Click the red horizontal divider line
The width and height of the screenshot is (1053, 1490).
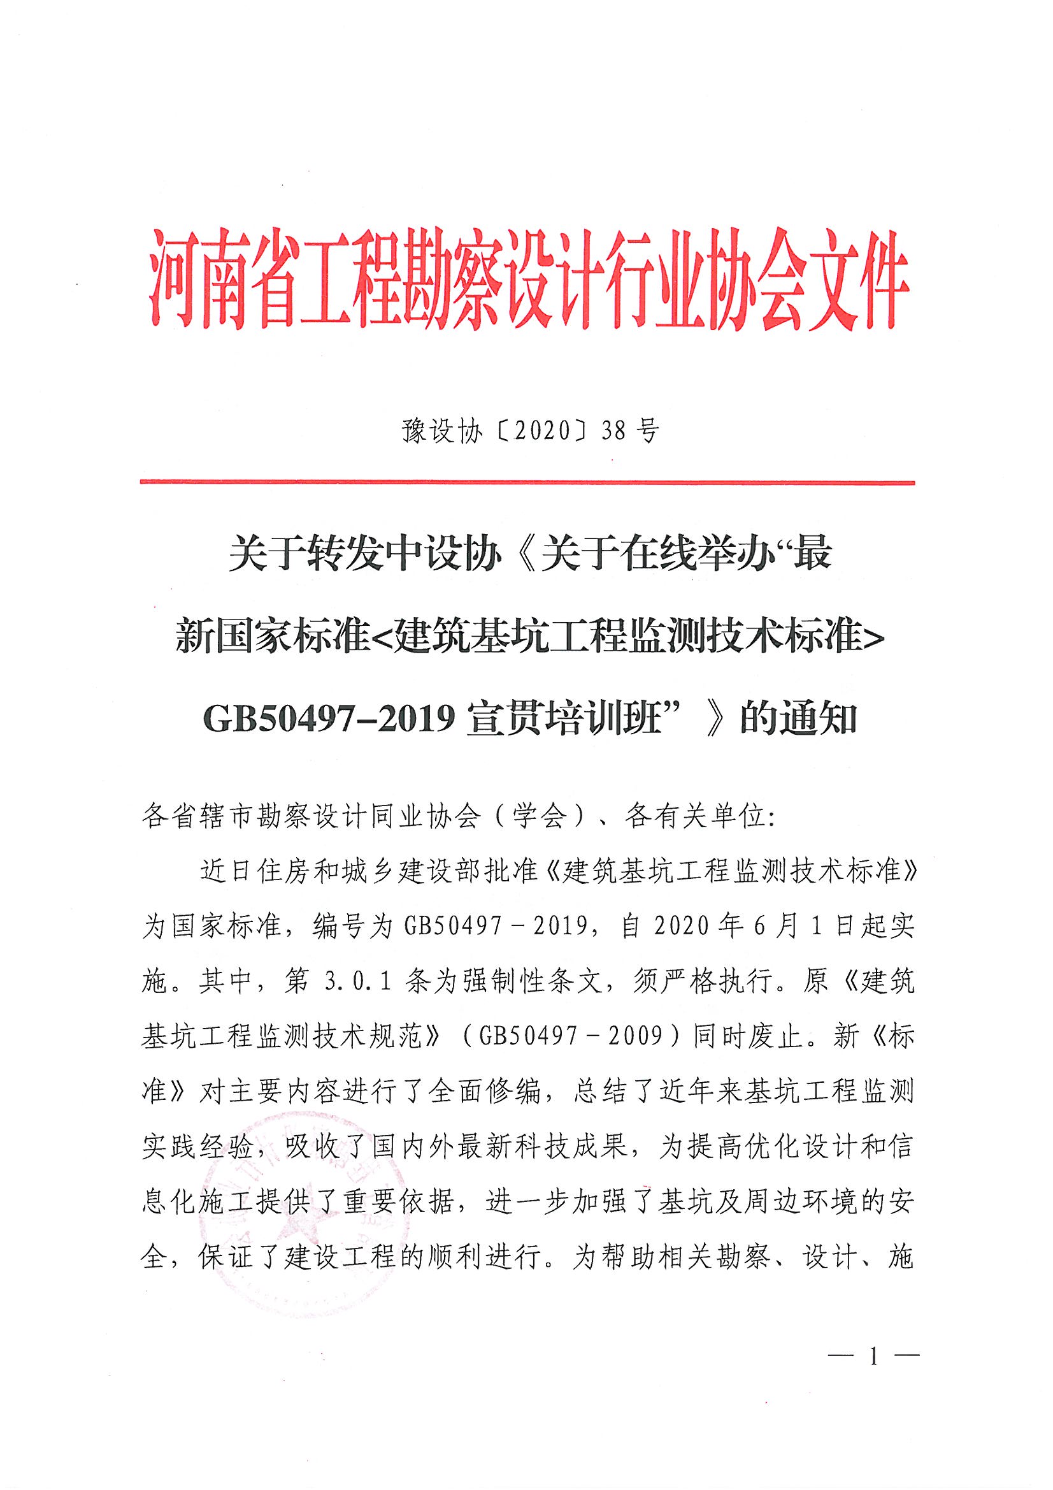pyautogui.click(x=526, y=482)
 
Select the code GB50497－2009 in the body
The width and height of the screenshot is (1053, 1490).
pyautogui.click(x=570, y=1036)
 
